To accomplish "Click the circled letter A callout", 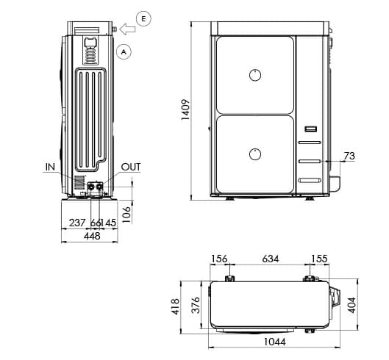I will point(124,51).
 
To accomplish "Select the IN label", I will point(50,167).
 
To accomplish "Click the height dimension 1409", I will point(185,110).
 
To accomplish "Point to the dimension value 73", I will point(349,156).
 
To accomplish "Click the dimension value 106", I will point(127,212).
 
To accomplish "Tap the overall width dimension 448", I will point(92,236).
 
